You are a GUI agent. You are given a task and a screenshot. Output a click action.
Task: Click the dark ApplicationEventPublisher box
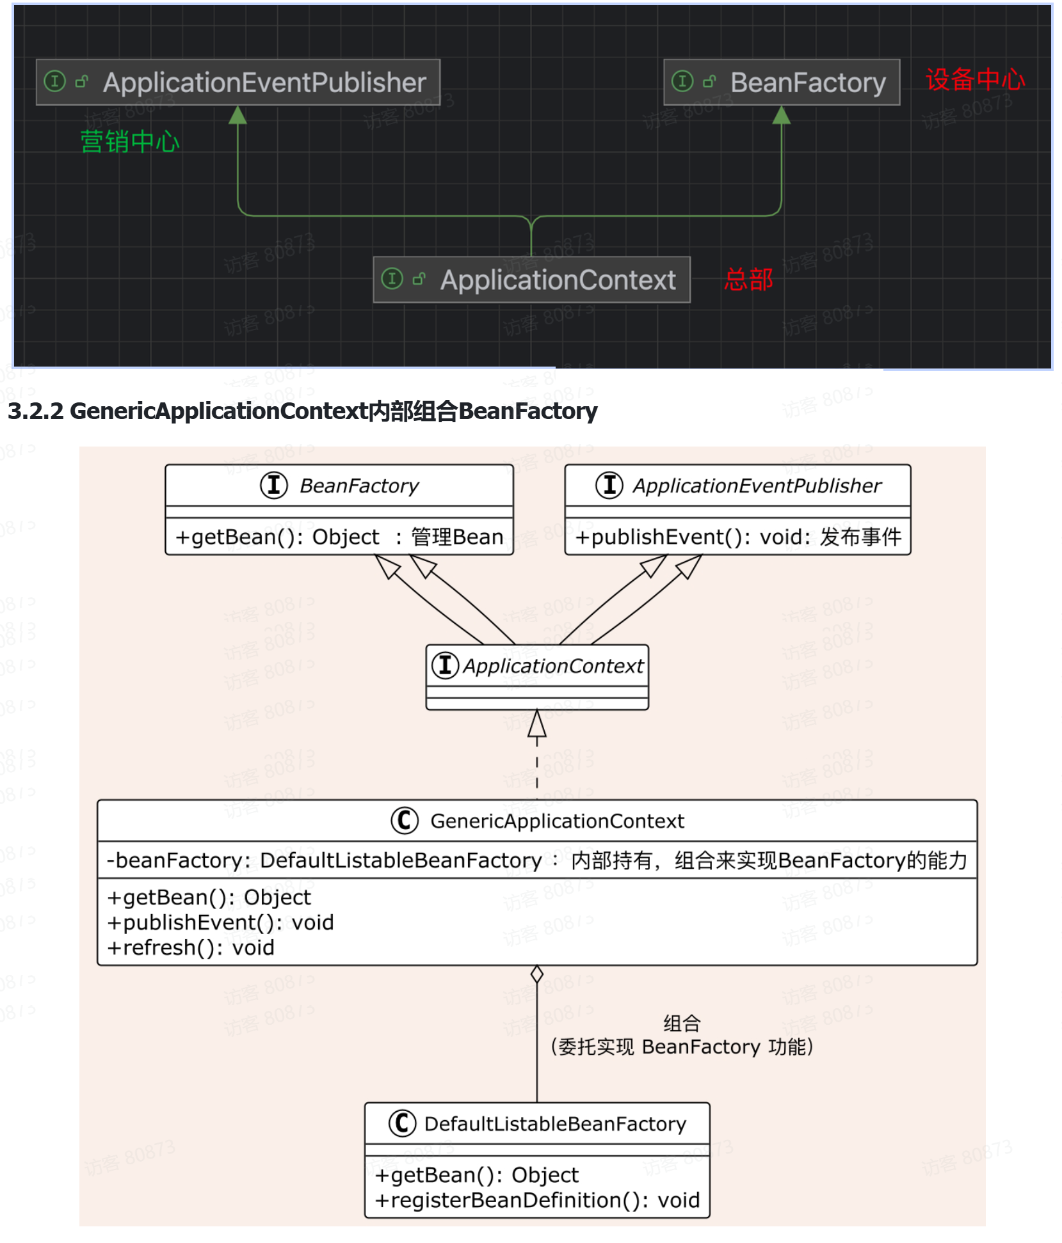(238, 83)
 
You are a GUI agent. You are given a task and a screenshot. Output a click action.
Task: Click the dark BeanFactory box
(781, 83)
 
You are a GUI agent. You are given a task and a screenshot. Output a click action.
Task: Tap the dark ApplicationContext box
(531, 280)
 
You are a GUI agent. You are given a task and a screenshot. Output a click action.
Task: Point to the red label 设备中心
(974, 80)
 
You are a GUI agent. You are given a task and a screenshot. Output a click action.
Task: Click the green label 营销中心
(130, 141)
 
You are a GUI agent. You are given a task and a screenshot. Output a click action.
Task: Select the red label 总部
(748, 280)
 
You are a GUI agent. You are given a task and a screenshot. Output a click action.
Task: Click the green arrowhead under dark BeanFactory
(781, 115)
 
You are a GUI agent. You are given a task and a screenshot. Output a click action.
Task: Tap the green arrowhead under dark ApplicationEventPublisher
(238, 115)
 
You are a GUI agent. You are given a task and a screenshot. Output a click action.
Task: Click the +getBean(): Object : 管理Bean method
(339, 537)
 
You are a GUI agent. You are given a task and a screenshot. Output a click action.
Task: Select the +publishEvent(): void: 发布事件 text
(737, 537)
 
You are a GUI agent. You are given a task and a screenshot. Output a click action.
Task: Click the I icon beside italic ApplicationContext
(446, 665)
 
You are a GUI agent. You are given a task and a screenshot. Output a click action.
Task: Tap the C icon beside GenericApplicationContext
(405, 820)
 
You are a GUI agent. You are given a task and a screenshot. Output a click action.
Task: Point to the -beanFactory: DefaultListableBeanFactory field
(324, 860)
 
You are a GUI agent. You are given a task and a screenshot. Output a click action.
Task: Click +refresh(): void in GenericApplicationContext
(191, 947)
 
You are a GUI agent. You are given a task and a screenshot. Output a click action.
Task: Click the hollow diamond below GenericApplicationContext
(537, 974)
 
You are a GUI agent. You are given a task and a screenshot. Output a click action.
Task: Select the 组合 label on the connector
(681, 1024)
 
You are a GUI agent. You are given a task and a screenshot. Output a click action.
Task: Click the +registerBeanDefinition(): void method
(537, 1200)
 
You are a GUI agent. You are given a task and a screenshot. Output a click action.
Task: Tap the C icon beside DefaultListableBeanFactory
(403, 1123)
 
